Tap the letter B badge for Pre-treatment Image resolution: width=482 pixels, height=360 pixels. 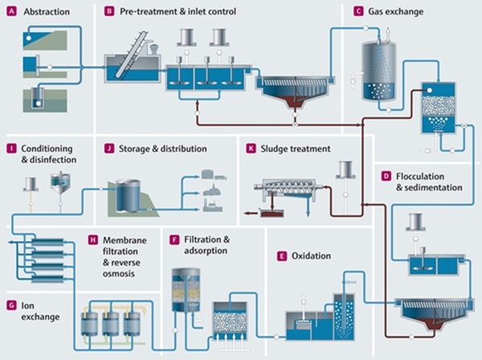(109, 12)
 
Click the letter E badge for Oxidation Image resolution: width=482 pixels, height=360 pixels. (281, 256)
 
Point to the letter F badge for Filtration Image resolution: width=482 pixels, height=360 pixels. (174, 239)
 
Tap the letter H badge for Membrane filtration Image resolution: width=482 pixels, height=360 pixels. (93, 239)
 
